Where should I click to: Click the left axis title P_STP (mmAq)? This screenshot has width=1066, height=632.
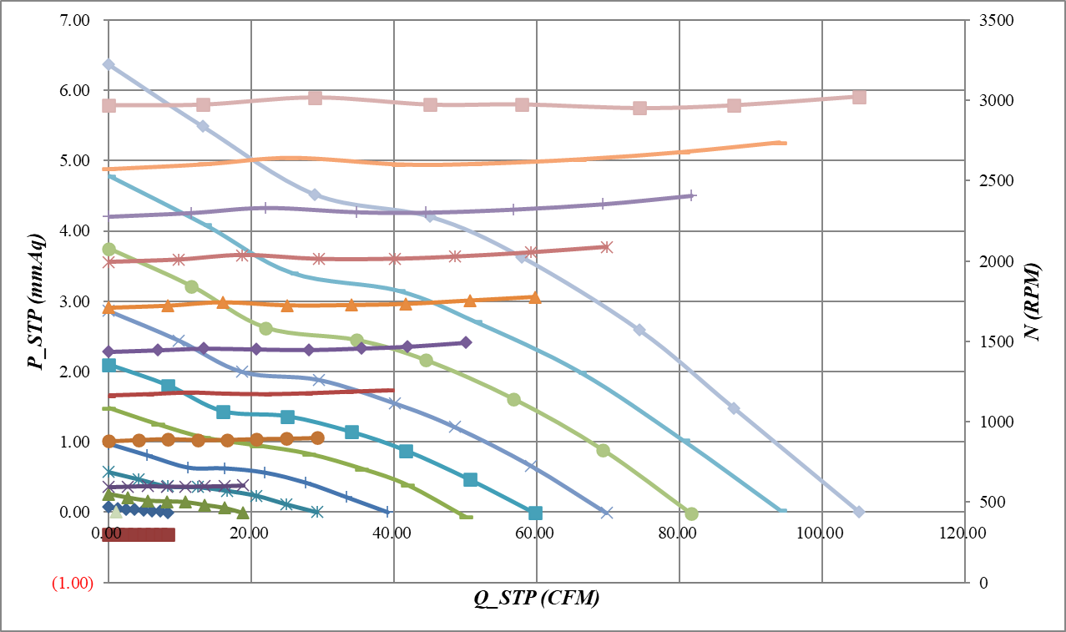coord(35,301)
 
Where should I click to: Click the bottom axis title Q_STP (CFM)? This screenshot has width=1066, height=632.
coord(537,598)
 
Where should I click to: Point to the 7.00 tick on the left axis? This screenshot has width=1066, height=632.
coord(74,20)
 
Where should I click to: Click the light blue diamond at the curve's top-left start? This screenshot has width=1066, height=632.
coord(109,64)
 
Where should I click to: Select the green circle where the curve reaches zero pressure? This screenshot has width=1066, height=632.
coord(691,513)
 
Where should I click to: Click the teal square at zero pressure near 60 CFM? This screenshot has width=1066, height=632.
coord(535,513)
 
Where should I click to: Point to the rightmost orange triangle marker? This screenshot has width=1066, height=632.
coord(535,296)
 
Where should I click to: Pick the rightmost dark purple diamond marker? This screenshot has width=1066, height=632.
coord(466,342)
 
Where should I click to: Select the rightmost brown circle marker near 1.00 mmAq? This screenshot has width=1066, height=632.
coord(317,437)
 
